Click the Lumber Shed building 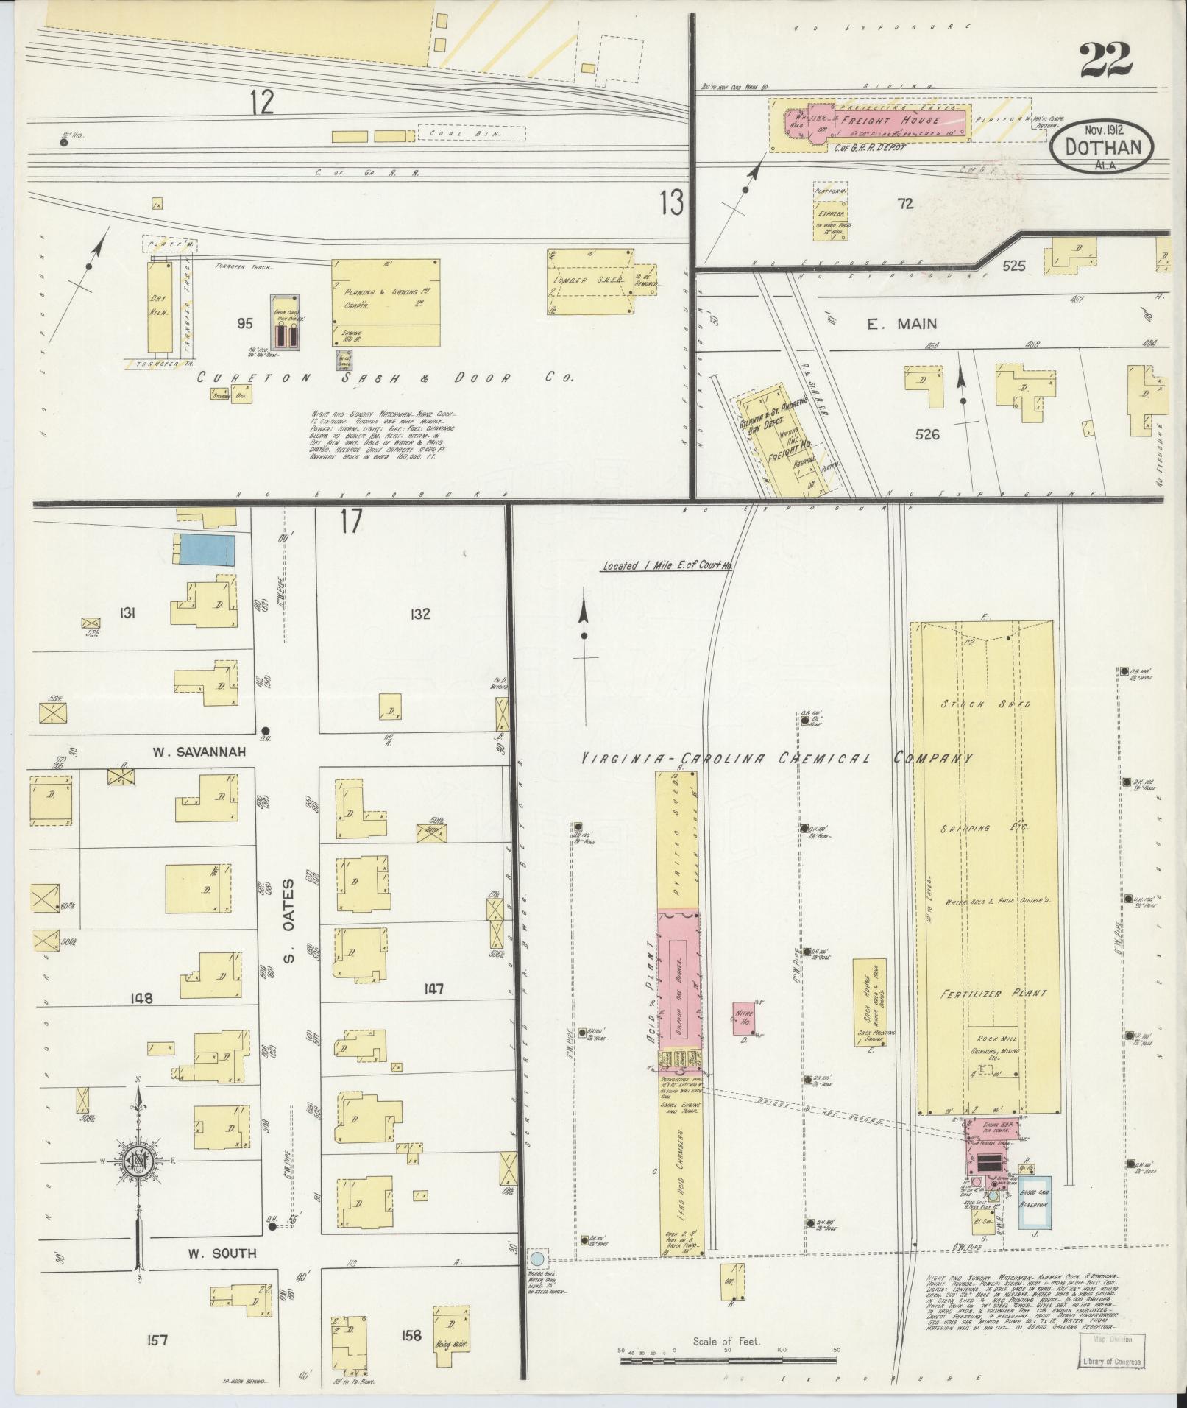coord(590,280)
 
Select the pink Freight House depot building coord(876,121)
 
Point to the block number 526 coord(927,434)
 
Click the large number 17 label coord(351,522)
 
